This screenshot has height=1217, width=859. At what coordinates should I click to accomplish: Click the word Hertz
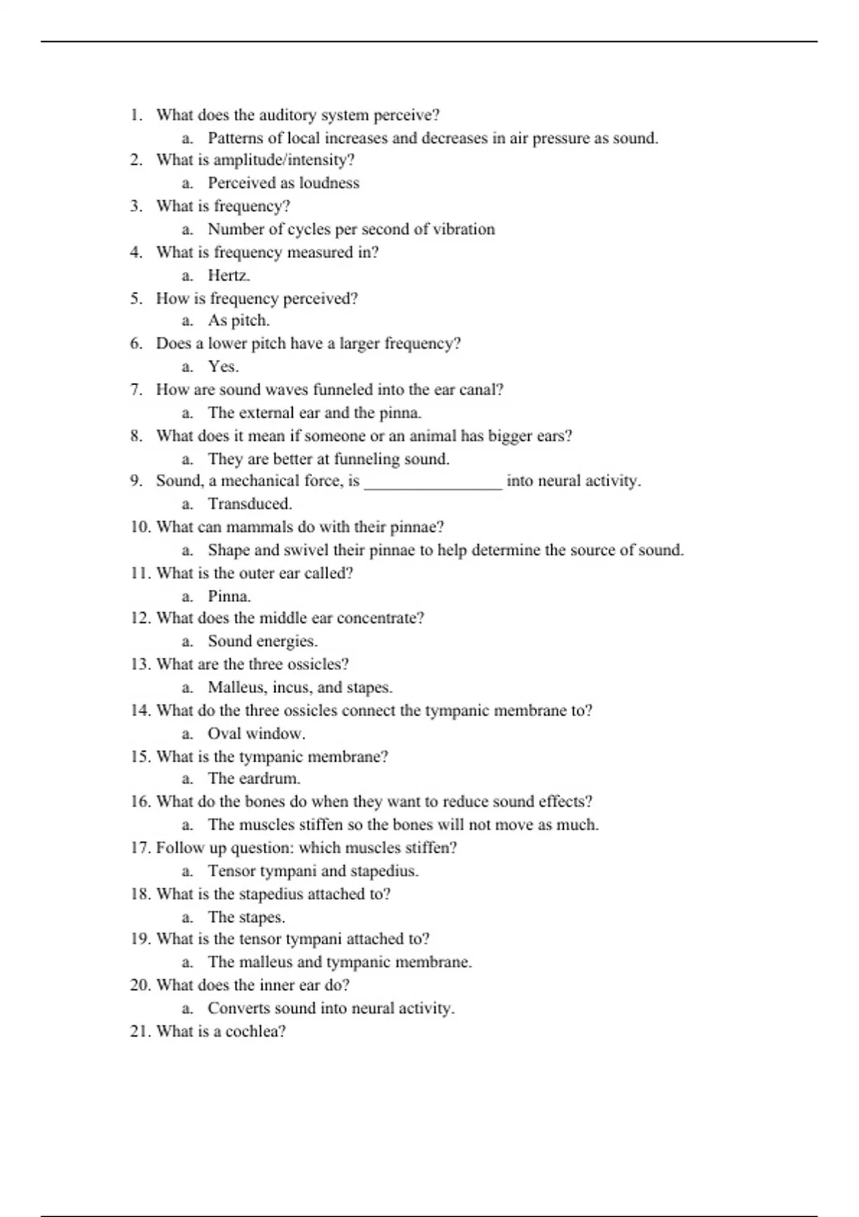click(228, 275)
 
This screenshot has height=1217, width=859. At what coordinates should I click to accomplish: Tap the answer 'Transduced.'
click(250, 504)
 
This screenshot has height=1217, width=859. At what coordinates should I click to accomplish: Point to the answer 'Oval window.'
click(256, 734)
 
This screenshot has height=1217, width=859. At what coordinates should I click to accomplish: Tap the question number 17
click(140, 848)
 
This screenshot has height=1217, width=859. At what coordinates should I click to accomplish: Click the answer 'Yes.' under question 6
click(223, 367)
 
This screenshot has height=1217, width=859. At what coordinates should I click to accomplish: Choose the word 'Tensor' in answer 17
click(230, 871)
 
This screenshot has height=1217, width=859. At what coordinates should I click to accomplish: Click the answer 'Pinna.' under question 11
click(229, 596)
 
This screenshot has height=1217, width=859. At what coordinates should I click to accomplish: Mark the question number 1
click(137, 115)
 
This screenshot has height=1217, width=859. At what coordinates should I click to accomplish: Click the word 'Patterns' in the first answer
click(236, 137)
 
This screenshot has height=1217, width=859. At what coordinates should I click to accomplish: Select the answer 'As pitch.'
click(238, 321)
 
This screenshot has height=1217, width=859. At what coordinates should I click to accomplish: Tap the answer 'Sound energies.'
click(263, 641)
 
